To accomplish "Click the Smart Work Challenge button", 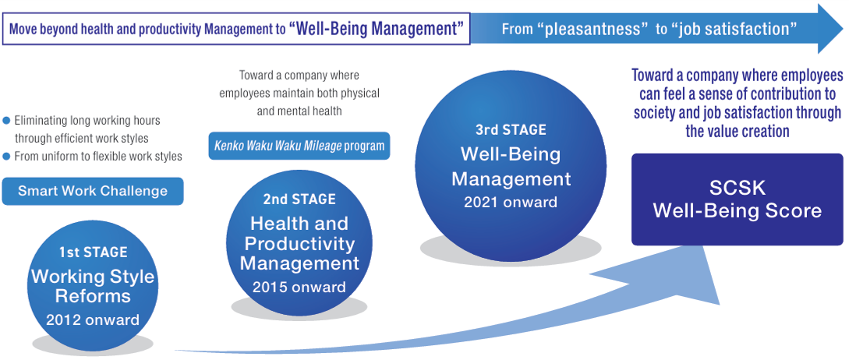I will pos(93,191).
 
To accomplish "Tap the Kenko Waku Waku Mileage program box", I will pos(299,146).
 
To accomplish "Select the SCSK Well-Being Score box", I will pos(737,199).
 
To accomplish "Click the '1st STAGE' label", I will pos(93,252).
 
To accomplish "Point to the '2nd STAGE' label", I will pos(299,199).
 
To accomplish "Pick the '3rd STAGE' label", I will pos(511,129).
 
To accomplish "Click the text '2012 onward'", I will pos(93,319).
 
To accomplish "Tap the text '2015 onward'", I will pos(299,288).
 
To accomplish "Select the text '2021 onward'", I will pos(511,203).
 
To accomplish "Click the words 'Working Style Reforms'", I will pos(93,286).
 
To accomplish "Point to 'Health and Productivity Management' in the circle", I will pos(299,243).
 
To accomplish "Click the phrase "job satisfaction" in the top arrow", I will pos(738,30).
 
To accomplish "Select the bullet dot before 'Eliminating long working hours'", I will pos(7,121).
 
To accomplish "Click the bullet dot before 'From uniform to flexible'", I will pos(7,157).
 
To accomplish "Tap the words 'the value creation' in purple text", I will pos(737,132).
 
